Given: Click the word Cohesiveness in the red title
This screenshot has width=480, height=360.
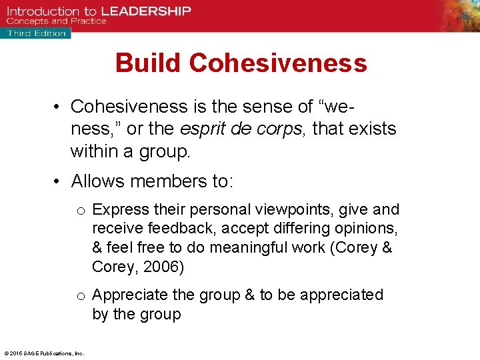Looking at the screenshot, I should point(278,63).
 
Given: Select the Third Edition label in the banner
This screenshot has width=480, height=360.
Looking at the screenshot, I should point(37,33).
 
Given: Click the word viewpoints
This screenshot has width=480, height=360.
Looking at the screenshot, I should point(290,210).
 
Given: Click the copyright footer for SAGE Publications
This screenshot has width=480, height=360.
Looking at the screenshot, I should point(43,353).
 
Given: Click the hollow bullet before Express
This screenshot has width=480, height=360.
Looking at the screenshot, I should point(80,211).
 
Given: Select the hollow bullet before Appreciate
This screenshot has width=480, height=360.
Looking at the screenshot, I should point(80,296).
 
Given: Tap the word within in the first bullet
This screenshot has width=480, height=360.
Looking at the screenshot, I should point(94,152).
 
